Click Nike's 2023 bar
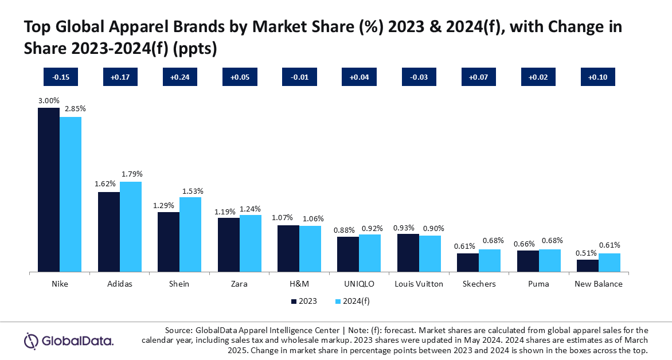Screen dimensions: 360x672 point(49,189)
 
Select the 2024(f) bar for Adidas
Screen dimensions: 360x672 point(131,226)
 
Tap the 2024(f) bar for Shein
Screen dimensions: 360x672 point(190,234)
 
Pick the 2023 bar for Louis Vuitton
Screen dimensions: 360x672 point(408,252)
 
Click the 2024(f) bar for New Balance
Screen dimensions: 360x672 point(609,262)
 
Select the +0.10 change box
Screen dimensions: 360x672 point(598,77)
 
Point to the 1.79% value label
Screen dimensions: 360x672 point(131,174)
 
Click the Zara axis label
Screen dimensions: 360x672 point(239,284)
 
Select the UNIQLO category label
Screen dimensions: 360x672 point(359,284)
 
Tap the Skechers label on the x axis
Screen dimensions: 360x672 point(479,284)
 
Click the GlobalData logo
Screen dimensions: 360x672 point(68,341)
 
